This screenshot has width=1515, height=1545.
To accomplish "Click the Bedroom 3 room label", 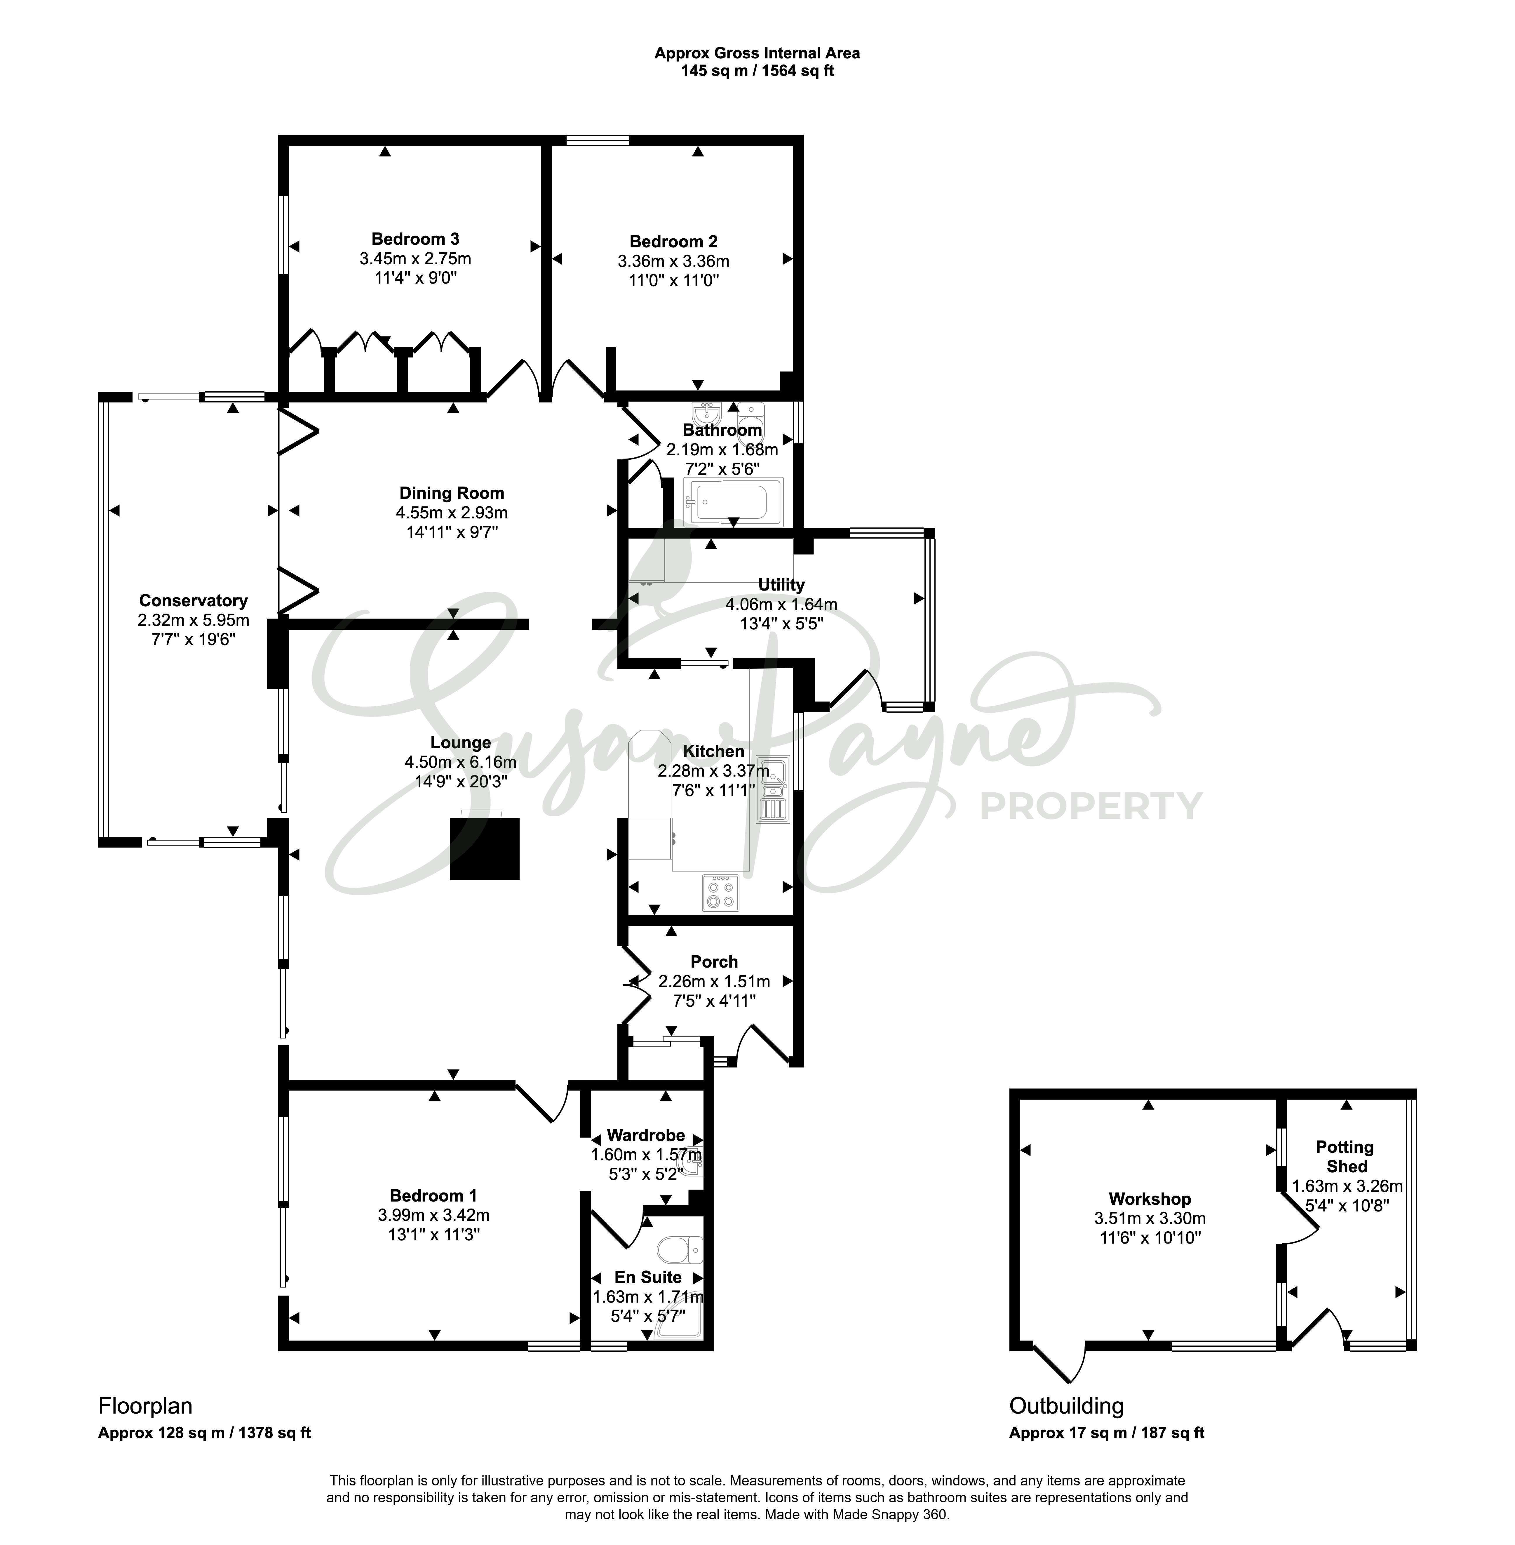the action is [x=415, y=239].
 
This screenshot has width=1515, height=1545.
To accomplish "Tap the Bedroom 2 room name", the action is [x=673, y=241].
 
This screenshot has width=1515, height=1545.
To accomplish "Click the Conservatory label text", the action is [x=193, y=601].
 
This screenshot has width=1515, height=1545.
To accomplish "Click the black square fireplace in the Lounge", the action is [x=485, y=848].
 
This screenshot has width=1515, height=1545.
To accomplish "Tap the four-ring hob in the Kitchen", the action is [x=721, y=892].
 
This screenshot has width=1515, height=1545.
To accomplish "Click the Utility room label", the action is [x=781, y=585].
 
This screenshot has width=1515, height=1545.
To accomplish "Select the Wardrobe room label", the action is [x=646, y=1135].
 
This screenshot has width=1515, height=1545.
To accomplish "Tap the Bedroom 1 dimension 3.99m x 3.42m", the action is [x=434, y=1216].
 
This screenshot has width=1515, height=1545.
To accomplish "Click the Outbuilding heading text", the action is [x=1067, y=1406].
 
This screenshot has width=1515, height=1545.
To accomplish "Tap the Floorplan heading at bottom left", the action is [x=146, y=1406].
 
